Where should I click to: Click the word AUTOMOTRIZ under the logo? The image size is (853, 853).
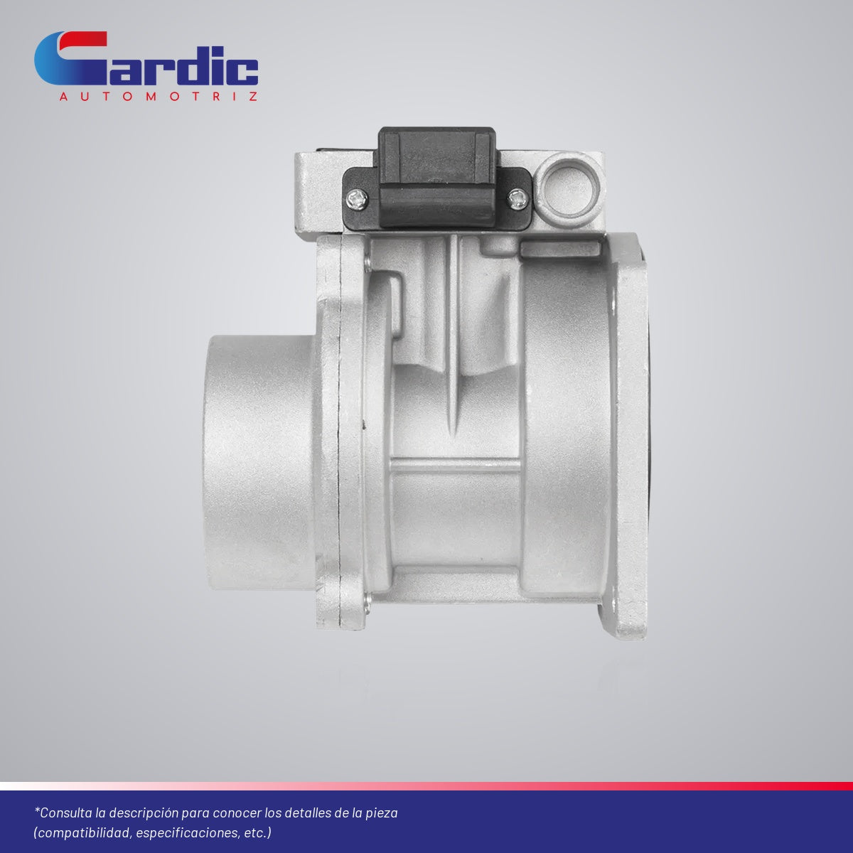tap(158, 97)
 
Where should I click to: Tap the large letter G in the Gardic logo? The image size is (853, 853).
tap(71, 58)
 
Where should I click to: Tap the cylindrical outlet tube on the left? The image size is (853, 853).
tap(261, 463)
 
